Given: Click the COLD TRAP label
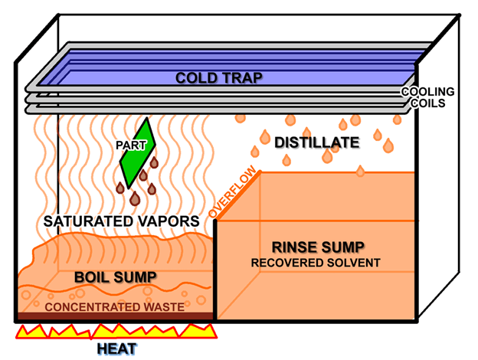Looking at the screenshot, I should click(x=219, y=77).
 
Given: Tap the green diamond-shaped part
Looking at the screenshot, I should click(x=139, y=153).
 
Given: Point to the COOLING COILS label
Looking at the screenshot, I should click(x=427, y=97).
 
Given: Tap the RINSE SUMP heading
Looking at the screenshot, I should click(x=318, y=247).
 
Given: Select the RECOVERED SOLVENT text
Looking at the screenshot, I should click(x=318, y=263).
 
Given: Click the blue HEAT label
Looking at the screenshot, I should click(x=118, y=349).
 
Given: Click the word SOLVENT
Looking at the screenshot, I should click(x=349, y=263).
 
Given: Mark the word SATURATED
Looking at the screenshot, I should click(x=89, y=221).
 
